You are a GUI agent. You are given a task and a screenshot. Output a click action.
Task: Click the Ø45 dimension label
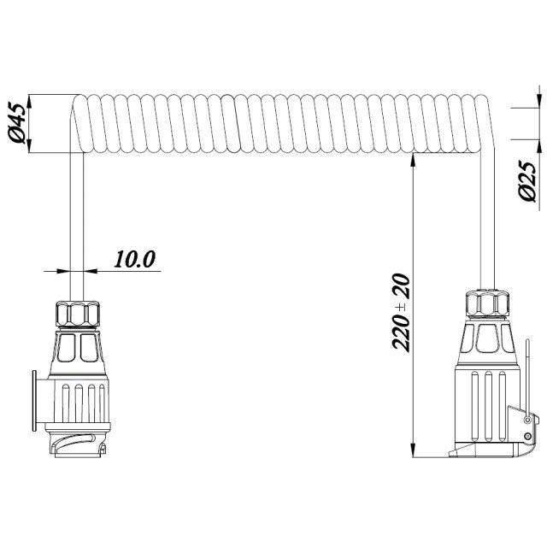[x=18, y=123]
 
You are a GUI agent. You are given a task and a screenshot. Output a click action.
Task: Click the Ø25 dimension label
[x=526, y=180]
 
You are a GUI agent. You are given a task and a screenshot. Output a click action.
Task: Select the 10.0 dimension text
[x=134, y=259]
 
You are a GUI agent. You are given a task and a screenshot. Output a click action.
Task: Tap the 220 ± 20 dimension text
[x=400, y=312]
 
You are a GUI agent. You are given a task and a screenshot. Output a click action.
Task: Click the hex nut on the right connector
[x=487, y=304]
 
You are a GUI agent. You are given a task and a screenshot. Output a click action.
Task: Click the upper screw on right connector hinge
[x=528, y=420]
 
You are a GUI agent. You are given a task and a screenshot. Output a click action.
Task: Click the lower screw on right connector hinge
[x=528, y=436]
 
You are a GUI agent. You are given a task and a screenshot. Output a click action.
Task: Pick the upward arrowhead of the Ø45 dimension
[x=29, y=101]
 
